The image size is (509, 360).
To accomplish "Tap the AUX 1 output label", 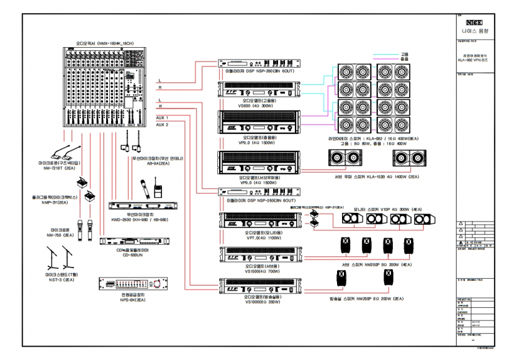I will [162, 117].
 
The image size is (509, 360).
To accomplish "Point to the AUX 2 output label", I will [162, 124].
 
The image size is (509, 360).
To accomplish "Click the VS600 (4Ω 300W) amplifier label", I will [261, 106].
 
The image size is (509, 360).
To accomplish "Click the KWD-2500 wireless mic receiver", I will [141, 206].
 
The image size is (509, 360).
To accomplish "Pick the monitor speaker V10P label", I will [385, 210].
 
